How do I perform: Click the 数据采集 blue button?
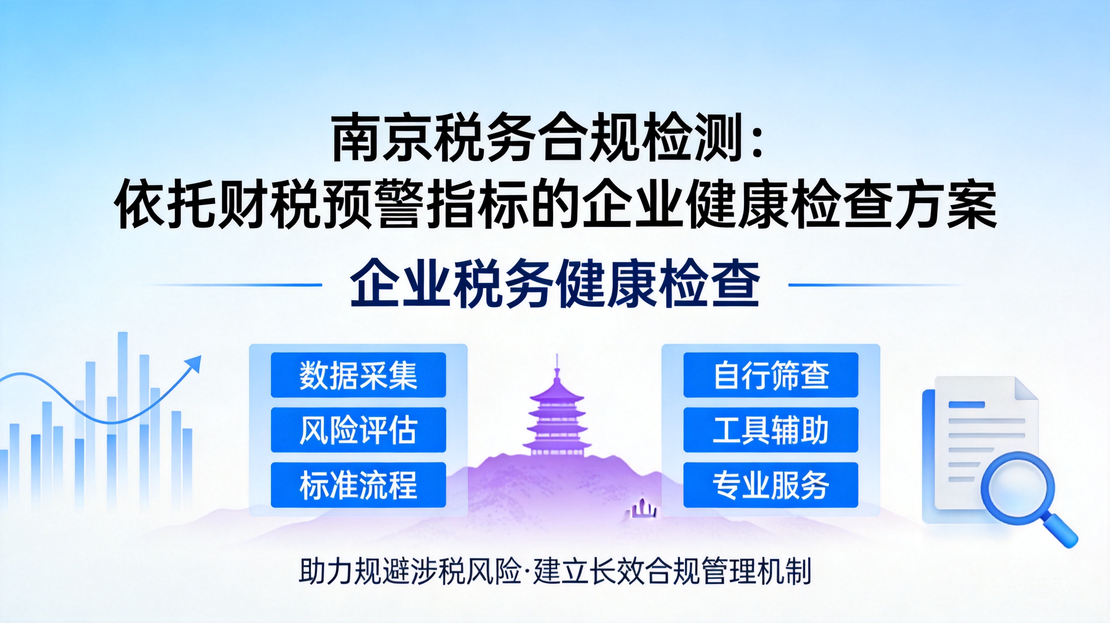point(358,375)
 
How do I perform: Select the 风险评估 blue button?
point(358,430)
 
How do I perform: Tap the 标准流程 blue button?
point(358,485)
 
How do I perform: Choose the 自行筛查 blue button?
point(771,375)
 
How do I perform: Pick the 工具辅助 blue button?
point(771,430)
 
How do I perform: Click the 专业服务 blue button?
point(771,485)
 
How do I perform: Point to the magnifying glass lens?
point(1018,488)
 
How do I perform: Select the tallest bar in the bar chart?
point(123,420)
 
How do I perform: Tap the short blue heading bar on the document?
point(967,405)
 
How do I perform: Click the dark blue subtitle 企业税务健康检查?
point(555,284)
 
